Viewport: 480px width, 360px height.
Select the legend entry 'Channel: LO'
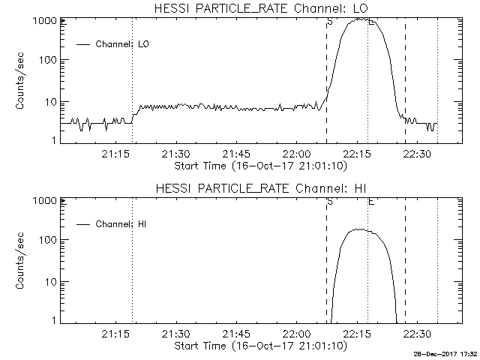tap(123, 44)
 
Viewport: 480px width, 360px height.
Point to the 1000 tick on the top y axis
tap(47, 21)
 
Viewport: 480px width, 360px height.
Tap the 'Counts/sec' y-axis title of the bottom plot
tap(22, 262)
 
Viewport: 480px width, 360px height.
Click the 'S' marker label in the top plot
tap(330, 23)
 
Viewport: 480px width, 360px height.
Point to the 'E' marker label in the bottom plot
tap(371, 203)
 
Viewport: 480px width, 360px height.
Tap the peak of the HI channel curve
tap(359, 229)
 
